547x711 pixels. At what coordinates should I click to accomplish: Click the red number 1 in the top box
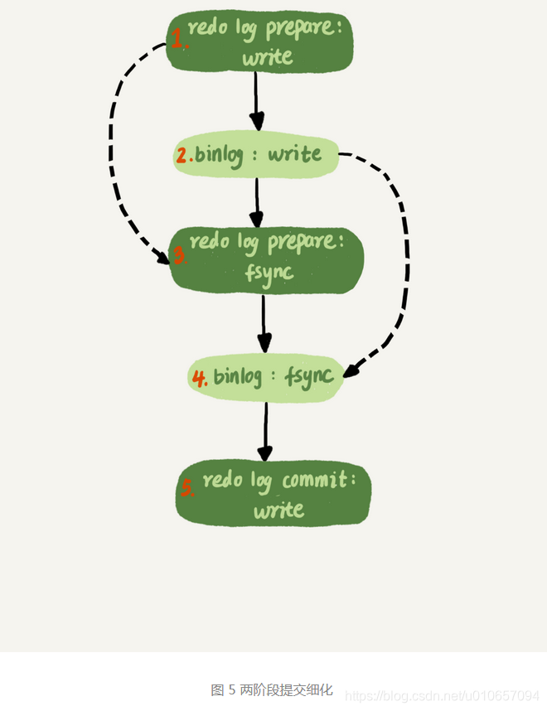coord(177,37)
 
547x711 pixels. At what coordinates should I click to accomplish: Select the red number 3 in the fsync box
coord(177,256)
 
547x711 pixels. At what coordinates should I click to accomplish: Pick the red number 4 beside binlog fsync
coord(200,378)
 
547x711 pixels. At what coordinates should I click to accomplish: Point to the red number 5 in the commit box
coord(188,488)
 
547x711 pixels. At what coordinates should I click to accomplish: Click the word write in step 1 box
coord(267,57)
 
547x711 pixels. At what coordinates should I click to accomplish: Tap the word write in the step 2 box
coord(294,154)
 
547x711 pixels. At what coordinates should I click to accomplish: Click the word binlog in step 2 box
coord(219,155)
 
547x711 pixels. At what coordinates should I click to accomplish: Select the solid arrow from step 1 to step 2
coord(256,99)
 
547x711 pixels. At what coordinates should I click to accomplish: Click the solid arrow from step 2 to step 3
coord(257,199)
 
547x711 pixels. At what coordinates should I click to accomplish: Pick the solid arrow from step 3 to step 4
coord(264,323)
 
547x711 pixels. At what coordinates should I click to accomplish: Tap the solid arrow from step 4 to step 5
coord(265,431)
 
